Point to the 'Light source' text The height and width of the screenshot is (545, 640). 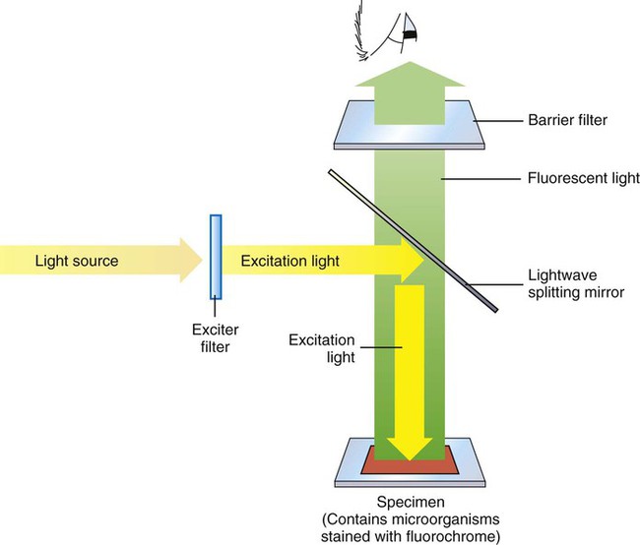(77, 261)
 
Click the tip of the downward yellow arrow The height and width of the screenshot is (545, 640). (409, 459)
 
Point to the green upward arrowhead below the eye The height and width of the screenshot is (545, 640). (409, 79)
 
